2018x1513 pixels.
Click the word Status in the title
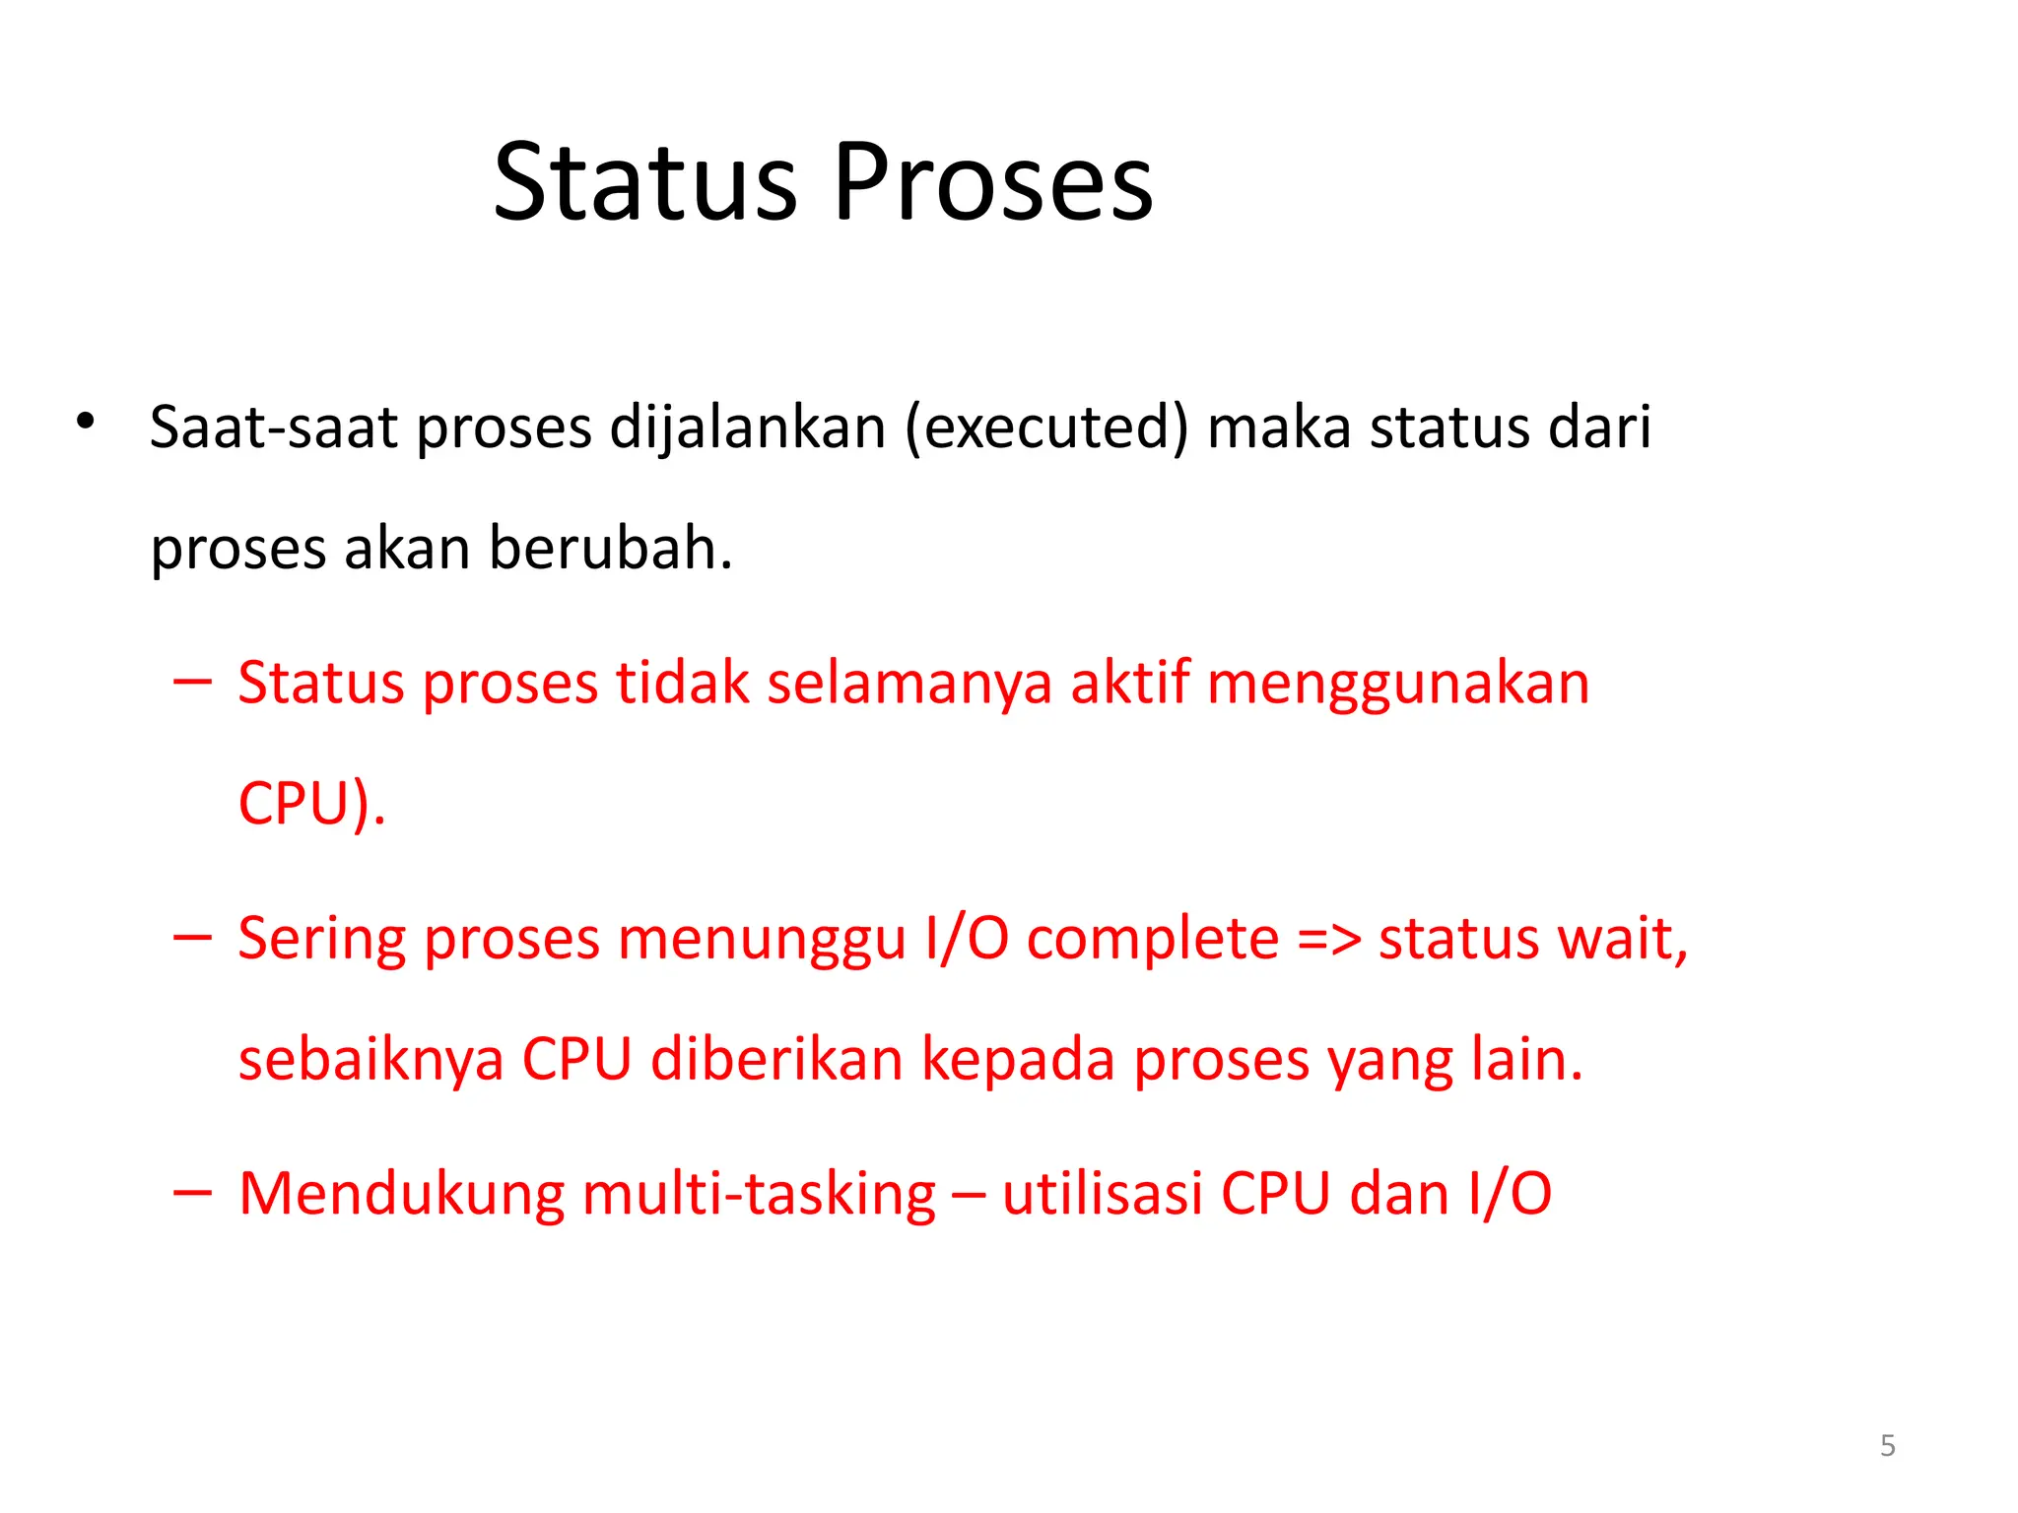(x=644, y=182)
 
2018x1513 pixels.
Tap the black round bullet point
(x=86, y=421)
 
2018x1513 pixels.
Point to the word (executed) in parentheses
(x=1047, y=428)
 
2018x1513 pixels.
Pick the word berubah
(x=611, y=548)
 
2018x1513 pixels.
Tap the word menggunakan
(x=1398, y=683)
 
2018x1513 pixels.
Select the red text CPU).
(x=311, y=803)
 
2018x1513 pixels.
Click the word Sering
(x=321, y=938)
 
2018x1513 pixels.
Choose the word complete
(x=1153, y=938)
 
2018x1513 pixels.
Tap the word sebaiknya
(x=371, y=1059)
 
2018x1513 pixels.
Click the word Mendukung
(x=402, y=1194)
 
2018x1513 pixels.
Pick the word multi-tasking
(x=759, y=1194)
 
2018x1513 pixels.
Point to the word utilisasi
(x=1103, y=1194)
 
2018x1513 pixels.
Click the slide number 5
(x=1887, y=1445)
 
